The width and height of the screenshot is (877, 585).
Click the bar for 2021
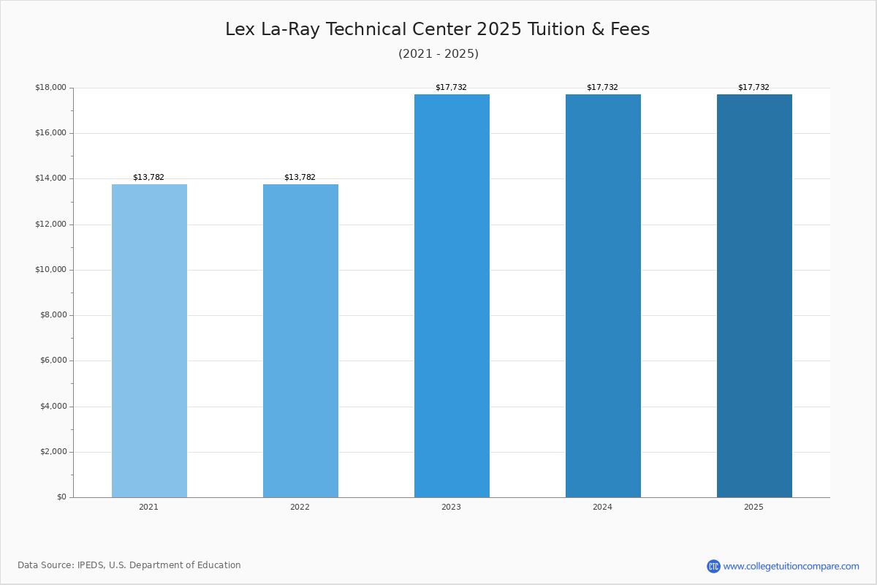[x=149, y=341]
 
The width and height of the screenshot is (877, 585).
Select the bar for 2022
[x=300, y=341]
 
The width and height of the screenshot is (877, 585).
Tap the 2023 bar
[x=452, y=295]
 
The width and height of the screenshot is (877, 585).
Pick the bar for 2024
[x=603, y=295]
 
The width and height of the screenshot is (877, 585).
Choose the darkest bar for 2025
[x=754, y=295]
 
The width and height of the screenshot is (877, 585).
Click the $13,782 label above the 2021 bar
[x=148, y=178]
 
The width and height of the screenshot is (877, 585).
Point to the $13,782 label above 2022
[x=300, y=178]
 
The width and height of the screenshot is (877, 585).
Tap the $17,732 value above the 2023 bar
[x=451, y=88]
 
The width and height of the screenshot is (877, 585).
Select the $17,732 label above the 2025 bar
[x=753, y=88]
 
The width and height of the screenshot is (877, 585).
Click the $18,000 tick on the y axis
[x=50, y=88]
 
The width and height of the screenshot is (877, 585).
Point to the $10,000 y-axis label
[x=50, y=270]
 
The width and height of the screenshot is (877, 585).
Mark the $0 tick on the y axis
[x=61, y=497]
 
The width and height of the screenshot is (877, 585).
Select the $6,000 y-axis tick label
[x=53, y=361]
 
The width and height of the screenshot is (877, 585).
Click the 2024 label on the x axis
[x=602, y=507]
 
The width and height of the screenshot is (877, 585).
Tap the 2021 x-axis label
[x=148, y=507]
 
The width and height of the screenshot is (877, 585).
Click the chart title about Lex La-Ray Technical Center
[x=437, y=30]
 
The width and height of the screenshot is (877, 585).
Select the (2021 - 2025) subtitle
[x=438, y=54]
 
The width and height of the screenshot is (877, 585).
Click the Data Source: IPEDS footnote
[x=129, y=565]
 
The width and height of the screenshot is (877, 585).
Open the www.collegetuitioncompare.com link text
[x=791, y=566]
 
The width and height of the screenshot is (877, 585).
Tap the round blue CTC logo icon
[x=713, y=566]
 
